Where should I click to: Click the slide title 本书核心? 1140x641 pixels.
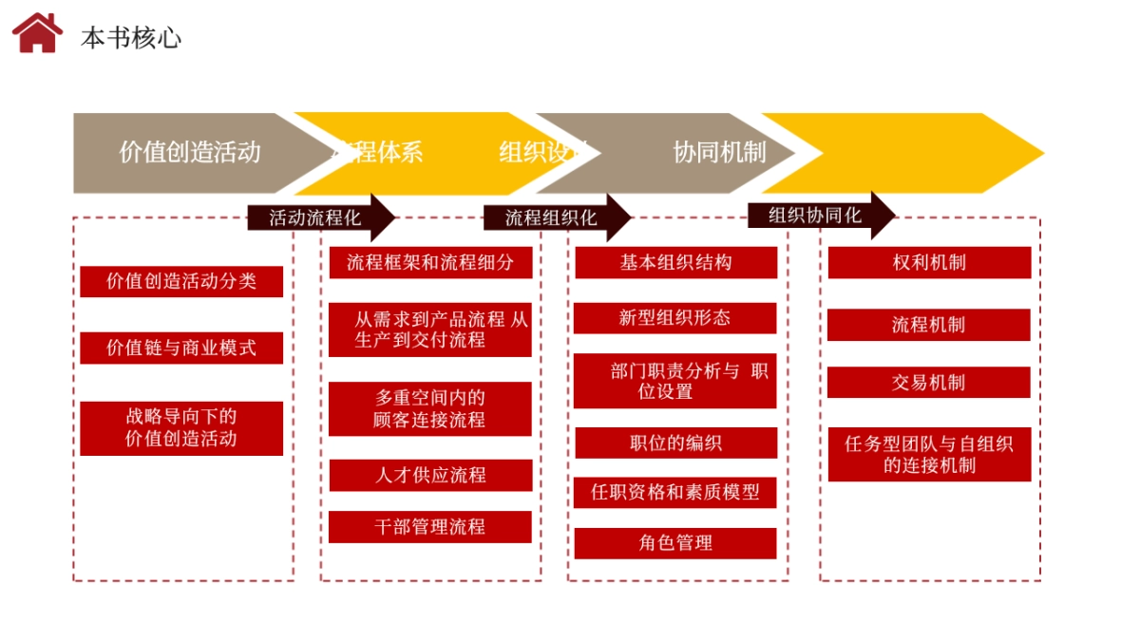click(x=131, y=38)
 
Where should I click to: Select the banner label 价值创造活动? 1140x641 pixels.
click(x=189, y=152)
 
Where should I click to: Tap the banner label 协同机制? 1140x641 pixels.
click(x=719, y=152)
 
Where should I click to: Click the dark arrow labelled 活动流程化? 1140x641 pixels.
click(x=319, y=217)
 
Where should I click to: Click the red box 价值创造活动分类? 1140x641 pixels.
click(x=181, y=281)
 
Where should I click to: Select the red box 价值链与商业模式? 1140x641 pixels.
click(x=181, y=348)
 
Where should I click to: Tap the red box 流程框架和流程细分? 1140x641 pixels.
click(x=430, y=262)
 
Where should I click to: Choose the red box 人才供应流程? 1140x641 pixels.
click(x=430, y=475)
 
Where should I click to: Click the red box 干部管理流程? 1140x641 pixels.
click(x=430, y=527)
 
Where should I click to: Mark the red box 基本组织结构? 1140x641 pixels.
click(x=675, y=262)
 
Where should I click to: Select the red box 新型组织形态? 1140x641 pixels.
click(x=674, y=318)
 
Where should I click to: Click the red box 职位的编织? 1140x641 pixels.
click(x=675, y=443)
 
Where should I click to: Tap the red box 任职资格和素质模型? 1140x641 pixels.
click(x=675, y=492)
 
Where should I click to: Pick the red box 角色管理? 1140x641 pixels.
click(x=675, y=543)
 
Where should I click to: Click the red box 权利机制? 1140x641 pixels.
click(x=929, y=262)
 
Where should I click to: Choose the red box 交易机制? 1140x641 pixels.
click(x=929, y=382)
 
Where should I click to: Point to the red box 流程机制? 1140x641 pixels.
click(x=929, y=325)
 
